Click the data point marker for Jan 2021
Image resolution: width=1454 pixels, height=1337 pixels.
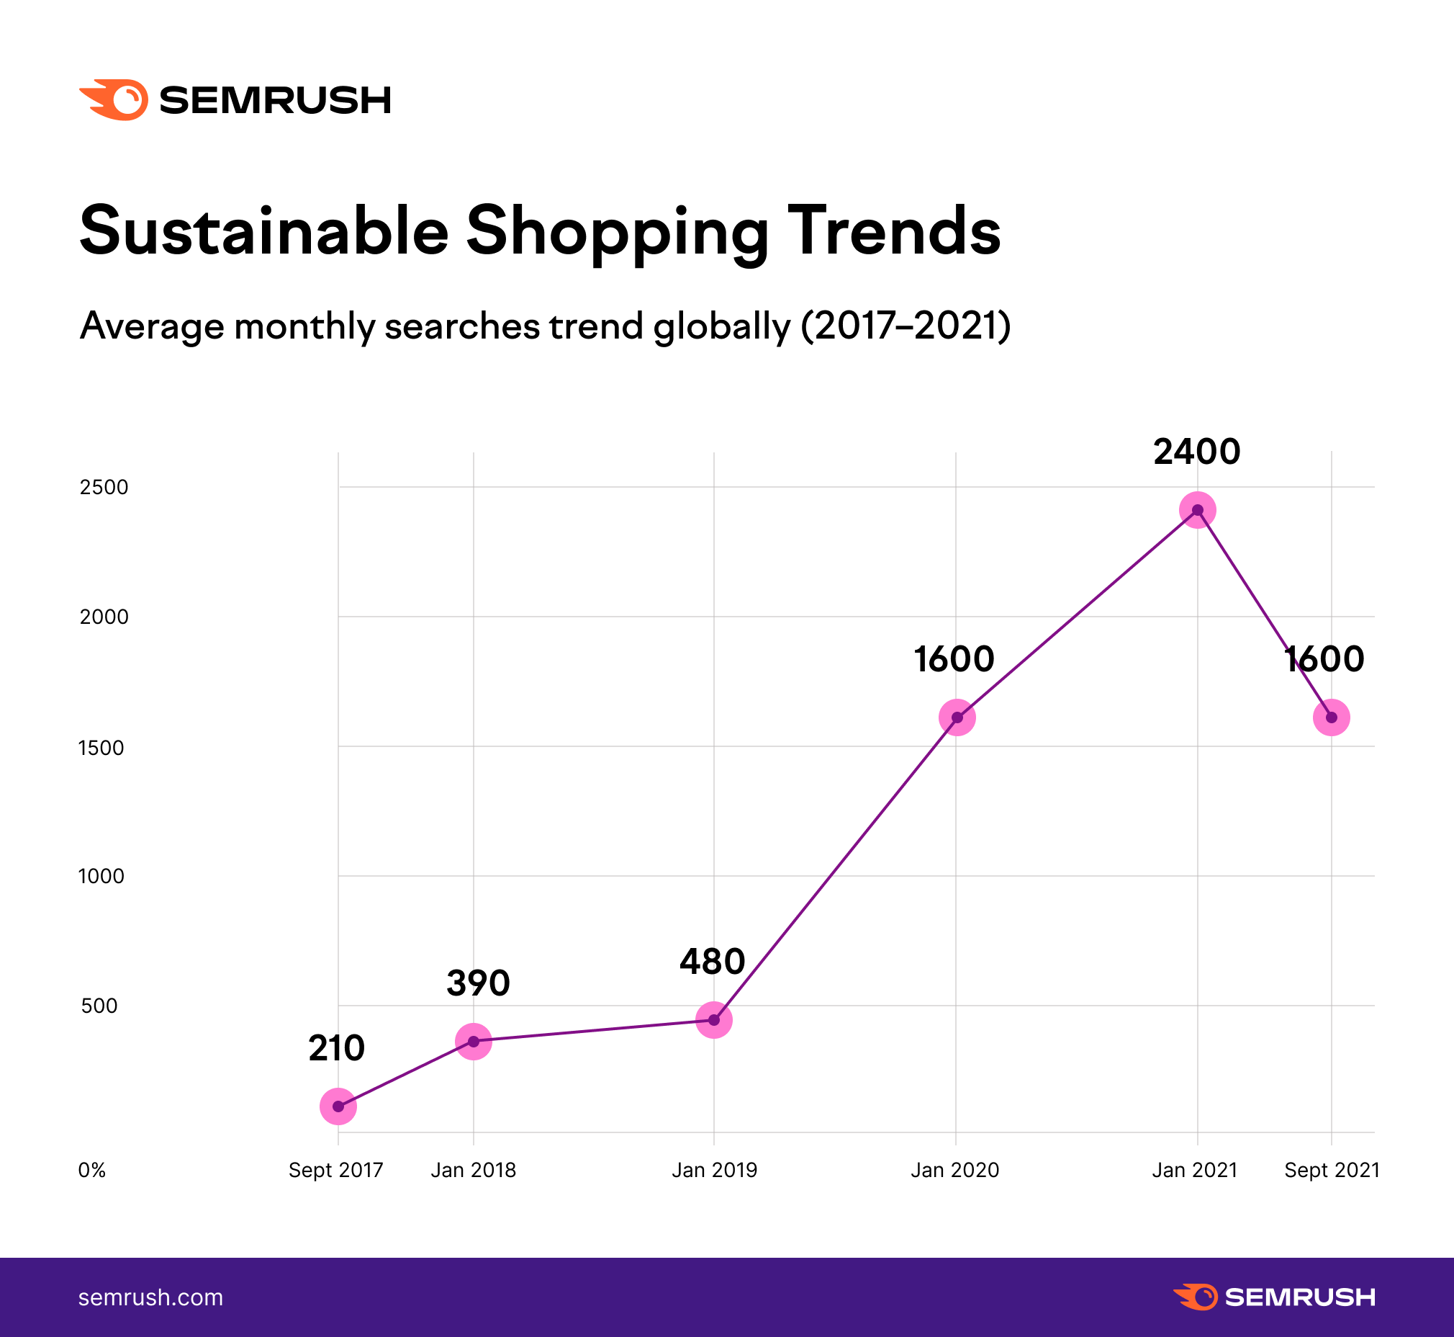tap(1197, 510)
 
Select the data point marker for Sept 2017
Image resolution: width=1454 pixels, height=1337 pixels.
tap(338, 1106)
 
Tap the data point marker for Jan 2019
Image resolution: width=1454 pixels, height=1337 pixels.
tap(713, 1019)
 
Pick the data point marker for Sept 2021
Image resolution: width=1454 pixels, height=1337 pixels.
tap(1331, 717)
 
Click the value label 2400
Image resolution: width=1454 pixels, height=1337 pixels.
tap(1196, 452)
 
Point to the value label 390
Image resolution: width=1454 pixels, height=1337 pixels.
tap(478, 983)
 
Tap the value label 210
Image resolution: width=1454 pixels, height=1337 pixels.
tap(336, 1048)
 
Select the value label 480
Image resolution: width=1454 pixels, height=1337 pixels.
tap(712, 962)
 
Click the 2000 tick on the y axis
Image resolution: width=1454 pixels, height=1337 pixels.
tap(104, 617)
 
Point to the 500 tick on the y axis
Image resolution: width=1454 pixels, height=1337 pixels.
tap(99, 1006)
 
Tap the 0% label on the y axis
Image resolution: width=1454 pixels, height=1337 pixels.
tap(92, 1171)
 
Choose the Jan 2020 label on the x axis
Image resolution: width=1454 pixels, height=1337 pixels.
tap(954, 1171)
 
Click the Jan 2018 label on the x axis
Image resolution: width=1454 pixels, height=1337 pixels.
tap(473, 1171)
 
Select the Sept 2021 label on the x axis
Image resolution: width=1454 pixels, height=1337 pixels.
tap(1332, 1171)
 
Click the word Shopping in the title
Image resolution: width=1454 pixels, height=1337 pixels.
tap(618, 231)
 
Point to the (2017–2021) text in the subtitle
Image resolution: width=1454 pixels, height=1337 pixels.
tap(906, 326)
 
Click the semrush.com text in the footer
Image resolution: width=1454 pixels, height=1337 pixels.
tap(150, 1297)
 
